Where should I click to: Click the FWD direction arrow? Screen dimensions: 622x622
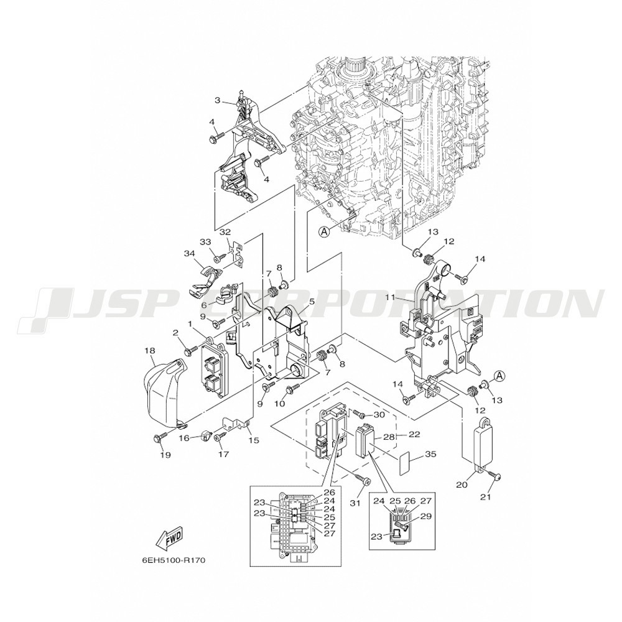coord(169,539)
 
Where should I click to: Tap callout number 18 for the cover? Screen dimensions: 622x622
coord(150,351)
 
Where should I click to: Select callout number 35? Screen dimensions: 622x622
coord(430,454)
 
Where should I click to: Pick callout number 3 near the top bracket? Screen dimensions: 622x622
coord(217,100)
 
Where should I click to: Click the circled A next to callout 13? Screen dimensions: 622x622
coord(499,375)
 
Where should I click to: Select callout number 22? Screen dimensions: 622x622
coord(414,434)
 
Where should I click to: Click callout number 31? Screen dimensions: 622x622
coord(355,503)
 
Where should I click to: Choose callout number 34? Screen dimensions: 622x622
coord(189,253)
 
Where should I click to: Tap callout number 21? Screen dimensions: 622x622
coord(486,496)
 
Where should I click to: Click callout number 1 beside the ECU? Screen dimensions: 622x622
coord(190,324)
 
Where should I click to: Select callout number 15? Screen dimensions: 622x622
coord(254,440)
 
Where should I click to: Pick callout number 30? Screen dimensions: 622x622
coord(379,414)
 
